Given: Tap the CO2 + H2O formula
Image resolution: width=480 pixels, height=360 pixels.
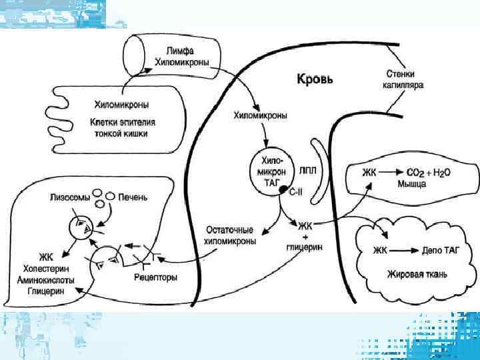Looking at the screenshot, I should (x=425, y=172).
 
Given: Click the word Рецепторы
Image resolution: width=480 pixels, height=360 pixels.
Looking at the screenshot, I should (x=155, y=277).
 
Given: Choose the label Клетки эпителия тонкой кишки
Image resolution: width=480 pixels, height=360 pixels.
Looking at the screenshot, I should (x=120, y=127).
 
